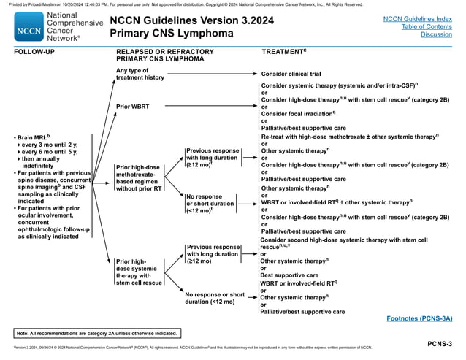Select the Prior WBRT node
pyautogui.click(x=133, y=107)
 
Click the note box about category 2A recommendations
pyautogui.click(x=97, y=333)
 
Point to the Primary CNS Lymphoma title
pyautogui.click(x=172, y=34)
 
